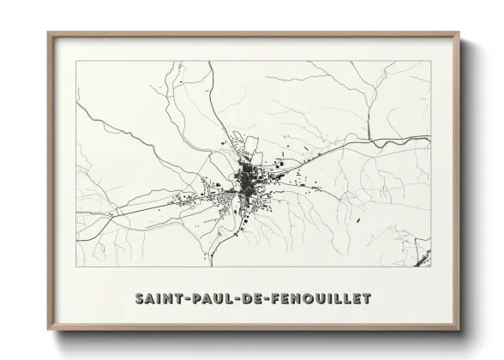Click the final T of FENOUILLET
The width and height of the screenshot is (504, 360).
coord(368,299)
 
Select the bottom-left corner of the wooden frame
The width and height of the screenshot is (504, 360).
coord(49,330)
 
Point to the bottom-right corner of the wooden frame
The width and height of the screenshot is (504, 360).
coord(459,330)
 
